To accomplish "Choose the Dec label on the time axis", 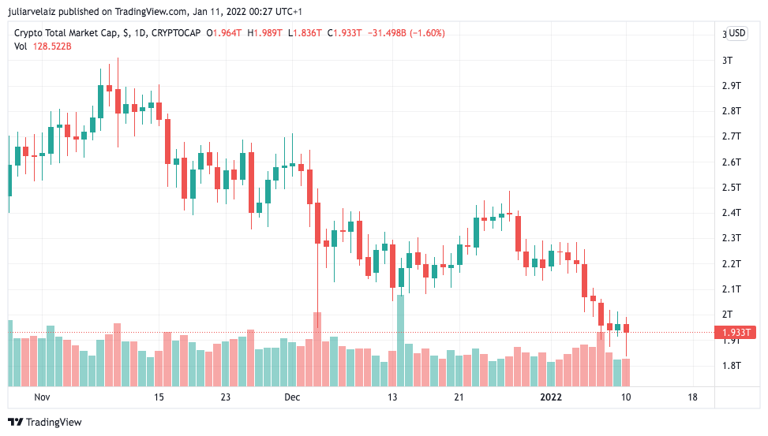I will click(x=293, y=397).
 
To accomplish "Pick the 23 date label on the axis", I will click(x=226, y=397).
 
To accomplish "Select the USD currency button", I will click(x=736, y=33).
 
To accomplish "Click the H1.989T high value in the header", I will click(x=266, y=33).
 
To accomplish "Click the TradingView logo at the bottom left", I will click(x=44, y=423).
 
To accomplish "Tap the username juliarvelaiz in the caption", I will click(x=42, y=12).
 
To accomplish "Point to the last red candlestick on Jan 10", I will click(x=626, y=328).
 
